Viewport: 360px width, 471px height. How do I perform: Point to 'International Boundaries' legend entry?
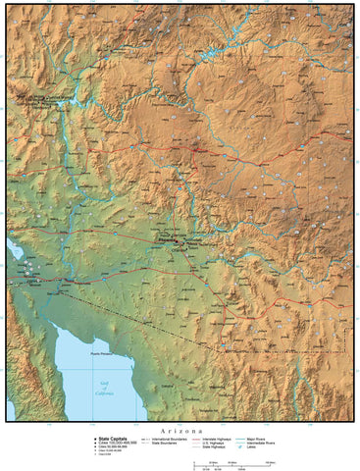163,438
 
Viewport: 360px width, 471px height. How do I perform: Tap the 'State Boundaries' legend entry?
161,443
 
